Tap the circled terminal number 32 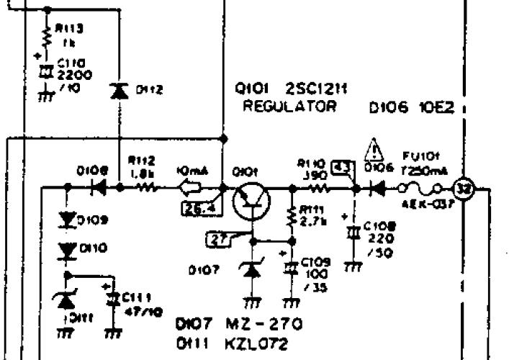pyautogui.click(x=464, y=190)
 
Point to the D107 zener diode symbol pyautogui.click(x=251, y=270)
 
